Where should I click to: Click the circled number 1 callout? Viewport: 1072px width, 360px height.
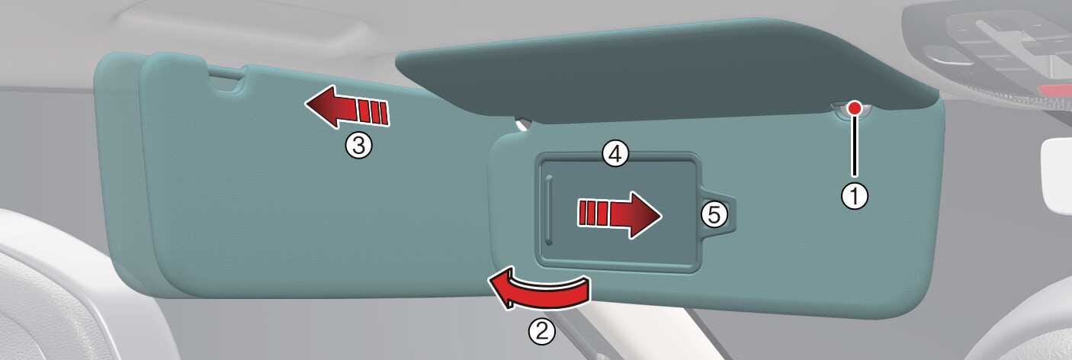pos(855,196)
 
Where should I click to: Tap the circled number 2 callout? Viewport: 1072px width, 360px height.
pos(542,331)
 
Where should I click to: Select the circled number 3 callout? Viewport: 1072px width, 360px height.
pos(358,145)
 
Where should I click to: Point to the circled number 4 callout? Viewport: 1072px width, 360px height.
pos(615,154)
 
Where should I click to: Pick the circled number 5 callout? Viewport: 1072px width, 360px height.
pos(714,215)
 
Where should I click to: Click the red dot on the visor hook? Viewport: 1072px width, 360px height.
pos(854,108)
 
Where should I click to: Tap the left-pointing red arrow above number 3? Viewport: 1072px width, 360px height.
pos(348,108)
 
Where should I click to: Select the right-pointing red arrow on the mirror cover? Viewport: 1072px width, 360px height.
pos(619,215)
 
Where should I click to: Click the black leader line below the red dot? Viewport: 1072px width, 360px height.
pos(854,146)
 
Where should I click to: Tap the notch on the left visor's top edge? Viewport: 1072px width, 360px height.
pos(226,80)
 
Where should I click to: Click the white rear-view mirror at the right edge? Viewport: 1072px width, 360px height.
pos(1056,175)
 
